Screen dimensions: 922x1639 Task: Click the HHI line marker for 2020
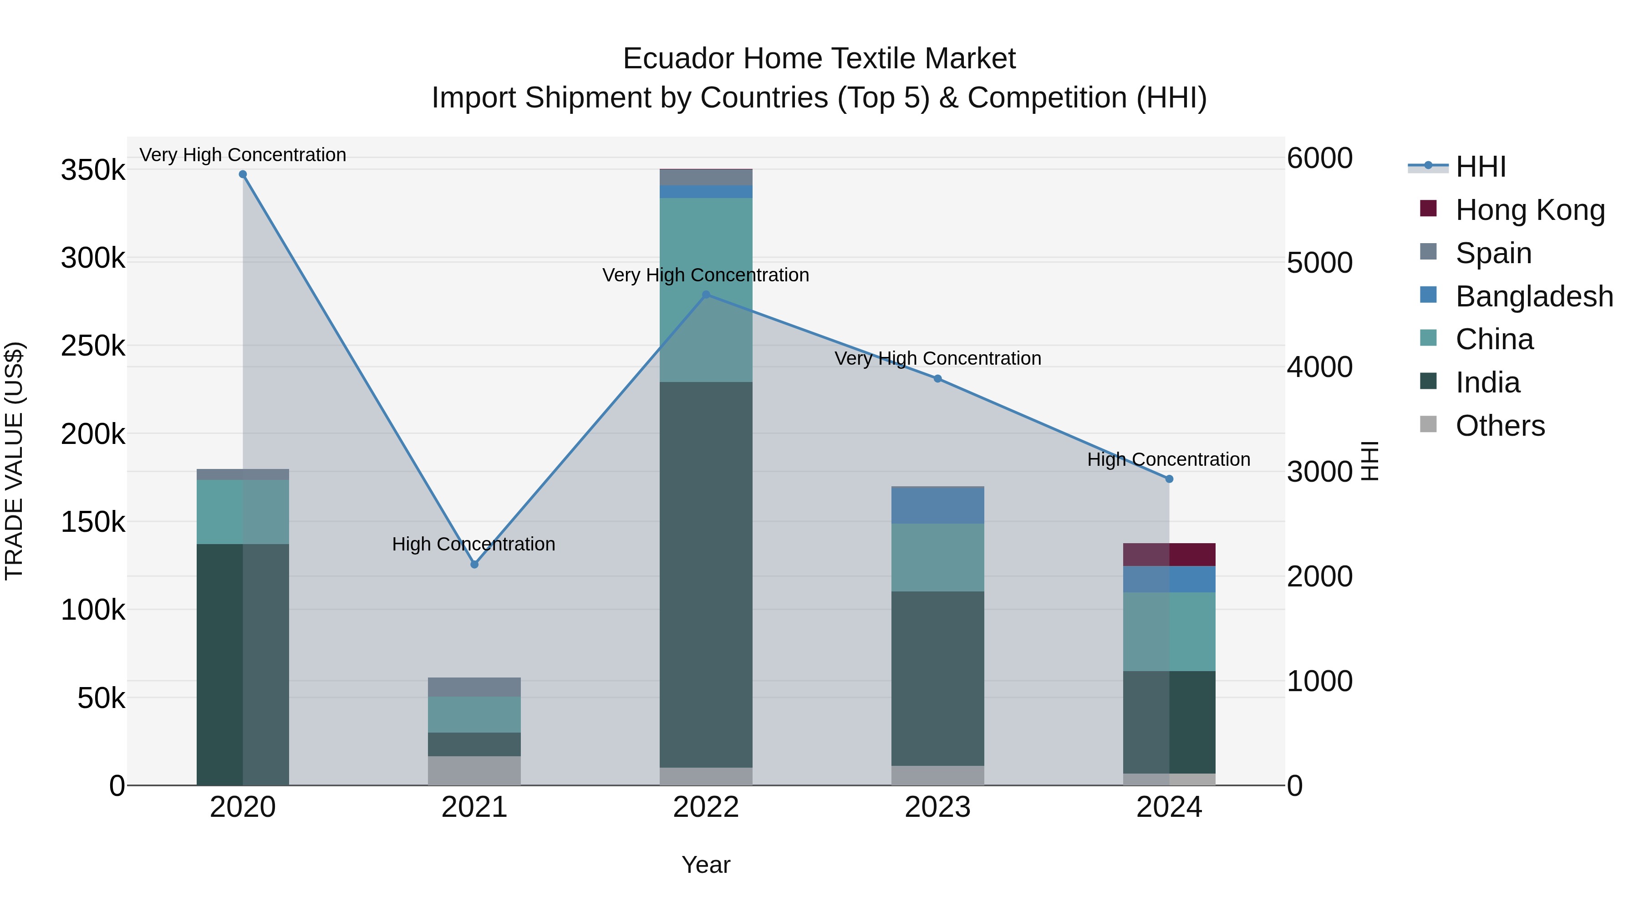pos(242,174)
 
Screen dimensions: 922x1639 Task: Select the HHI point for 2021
pos(474,565)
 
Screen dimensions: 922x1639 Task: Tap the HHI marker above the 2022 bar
pos(706,295)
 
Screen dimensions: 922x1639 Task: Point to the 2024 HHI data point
pos(1169,479)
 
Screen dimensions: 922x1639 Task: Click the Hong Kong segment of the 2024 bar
pos(1169,555)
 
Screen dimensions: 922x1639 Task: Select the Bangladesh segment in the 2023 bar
pos(937,505)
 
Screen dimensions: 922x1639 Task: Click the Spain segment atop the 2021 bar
pos(474,687)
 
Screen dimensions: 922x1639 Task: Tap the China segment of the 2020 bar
pos(242,512)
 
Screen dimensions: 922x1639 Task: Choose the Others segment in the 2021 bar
pos(474,770)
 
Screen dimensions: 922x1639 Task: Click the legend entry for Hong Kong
pos(1530,210)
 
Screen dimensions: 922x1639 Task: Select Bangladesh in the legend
pos(1533,296)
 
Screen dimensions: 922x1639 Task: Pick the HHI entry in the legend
pos(1480,167)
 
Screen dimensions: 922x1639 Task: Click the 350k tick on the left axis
pos(93,171)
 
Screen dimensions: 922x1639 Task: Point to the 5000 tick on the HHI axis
pos(1319,263)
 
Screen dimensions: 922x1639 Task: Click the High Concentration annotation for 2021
pos(473,544)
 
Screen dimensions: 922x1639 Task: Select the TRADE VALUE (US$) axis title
pos(14,461)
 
